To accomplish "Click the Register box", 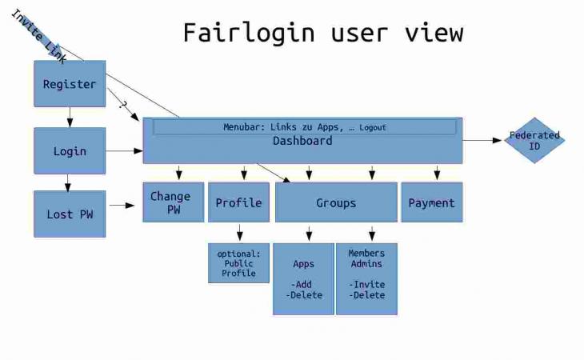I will pyautogui.click(x=70, y=84).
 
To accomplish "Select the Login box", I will pyautogui.click(x=70, y=151).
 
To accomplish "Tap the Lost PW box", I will pyautogui.click(x=70, y=214).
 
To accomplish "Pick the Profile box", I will pyautogui.click(x=238, y=202).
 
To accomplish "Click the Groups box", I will pyautogui.click(x=336, y=202).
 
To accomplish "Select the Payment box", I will pyautogui.click(x=431, y=202).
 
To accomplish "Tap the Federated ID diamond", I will pyautogui.click(x=534, y=141).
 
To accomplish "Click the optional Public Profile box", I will pyautogui.click(x=238, y=263).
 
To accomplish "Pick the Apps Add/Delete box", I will pyautogui.click(x=303, y=278).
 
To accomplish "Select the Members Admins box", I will pyautogui.click(x=366, y=278).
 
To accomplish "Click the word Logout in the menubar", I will pyautogui.click(x=373, y=128).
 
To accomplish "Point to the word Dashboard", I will pyautogui.click(x=302, y=141).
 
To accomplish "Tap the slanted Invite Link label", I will pyautogui.click(x=38, y=35).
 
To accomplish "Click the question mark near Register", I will pyautogui.click(x=122, y=103).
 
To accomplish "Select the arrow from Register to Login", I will pyautogui.click(x=70, y=117).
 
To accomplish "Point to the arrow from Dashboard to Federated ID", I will pyautogui.click(x=482, y=141).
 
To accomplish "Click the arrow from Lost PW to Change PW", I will pyautogui.click(x=122, y=206).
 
